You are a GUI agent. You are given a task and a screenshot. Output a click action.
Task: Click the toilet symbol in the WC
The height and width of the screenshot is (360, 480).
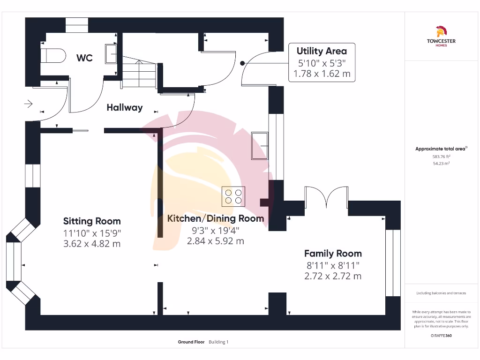point(52,56)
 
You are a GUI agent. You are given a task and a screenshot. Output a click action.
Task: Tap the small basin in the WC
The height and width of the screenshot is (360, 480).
point(111,53)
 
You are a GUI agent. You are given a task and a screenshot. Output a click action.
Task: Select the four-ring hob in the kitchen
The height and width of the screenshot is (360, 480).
point(233,196)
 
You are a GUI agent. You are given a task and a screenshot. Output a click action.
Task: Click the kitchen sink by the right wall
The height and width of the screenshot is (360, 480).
point(260,145)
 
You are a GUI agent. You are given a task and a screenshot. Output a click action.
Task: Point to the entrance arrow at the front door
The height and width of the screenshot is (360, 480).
point(28,104)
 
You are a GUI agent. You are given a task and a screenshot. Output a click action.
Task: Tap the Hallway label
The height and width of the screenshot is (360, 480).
point(124,108)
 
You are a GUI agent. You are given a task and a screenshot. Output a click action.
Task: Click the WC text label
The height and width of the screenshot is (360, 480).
point(84,58)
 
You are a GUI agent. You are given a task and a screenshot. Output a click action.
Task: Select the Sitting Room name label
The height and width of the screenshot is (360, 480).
point(92,221)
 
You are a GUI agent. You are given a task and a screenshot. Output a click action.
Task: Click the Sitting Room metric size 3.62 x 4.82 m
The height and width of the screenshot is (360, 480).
point(92,244)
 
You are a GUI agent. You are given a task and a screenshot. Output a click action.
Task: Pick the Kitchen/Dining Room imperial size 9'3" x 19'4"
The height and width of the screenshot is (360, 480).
point(216,230)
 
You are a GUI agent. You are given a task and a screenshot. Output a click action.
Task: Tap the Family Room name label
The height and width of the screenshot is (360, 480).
point(333,254)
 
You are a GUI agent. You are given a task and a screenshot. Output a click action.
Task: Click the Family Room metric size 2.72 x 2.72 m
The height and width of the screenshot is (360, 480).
point(333,276)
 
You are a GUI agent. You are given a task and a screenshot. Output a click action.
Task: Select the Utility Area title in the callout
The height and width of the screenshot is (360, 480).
point(322,51)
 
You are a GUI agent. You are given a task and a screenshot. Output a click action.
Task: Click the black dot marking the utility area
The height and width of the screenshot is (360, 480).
point(242,63)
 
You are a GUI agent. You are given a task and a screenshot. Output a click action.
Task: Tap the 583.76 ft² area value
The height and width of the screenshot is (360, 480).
point(441,157)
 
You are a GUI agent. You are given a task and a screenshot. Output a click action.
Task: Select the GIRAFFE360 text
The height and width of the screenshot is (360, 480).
point(441,336)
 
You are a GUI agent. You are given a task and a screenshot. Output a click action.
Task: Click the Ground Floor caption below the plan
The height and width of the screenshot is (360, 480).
point(191,342)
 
